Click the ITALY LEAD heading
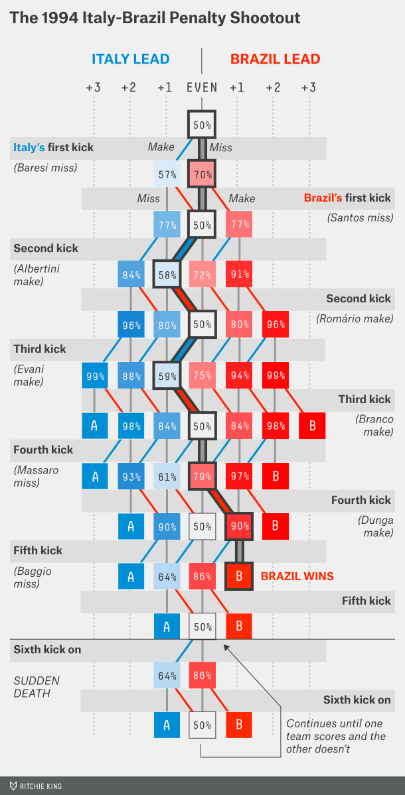tap(130, 59)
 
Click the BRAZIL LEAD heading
tap(275, 59)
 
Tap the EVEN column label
tap(202, 87)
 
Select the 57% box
tap(167, 175)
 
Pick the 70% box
tap(202, 175)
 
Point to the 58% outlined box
tap(167, 275)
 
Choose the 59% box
tap(167, 376)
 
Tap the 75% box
tap(202, 376)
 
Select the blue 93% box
tap(131, 476)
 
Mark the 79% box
tap(202, 476)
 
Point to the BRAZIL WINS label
tap(297, 576)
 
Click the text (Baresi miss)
tap(45, 168)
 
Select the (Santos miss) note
tap(360, 217)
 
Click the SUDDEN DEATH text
tap(37, 687)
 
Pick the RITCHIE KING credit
tap(37, 786)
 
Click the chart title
tap(155, 18)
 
